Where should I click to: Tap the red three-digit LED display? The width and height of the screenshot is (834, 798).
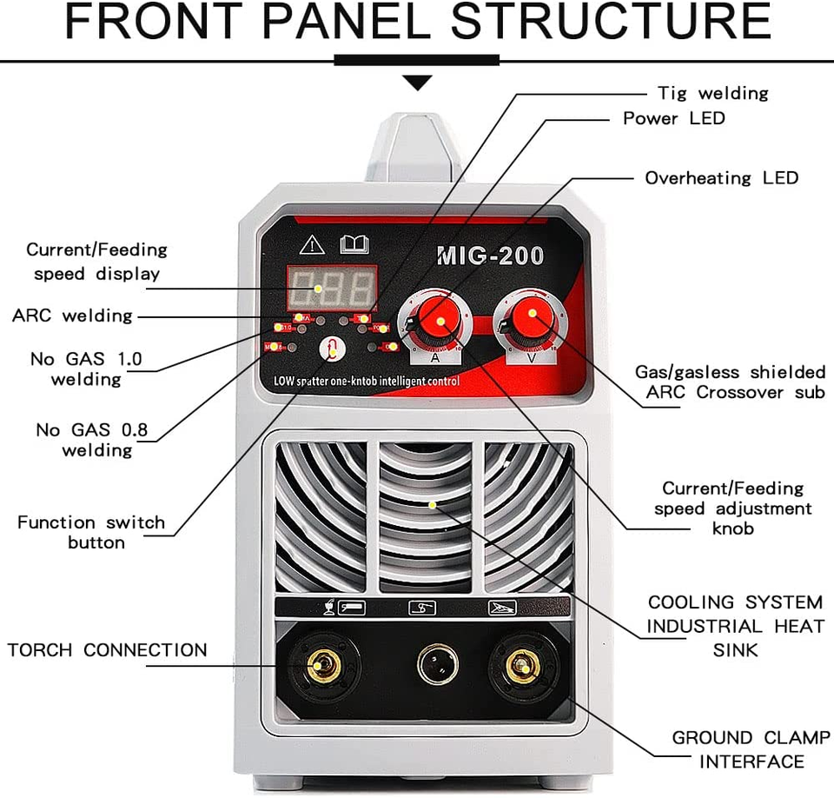pos(332,288)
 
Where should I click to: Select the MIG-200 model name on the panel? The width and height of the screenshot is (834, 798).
pos(490,256)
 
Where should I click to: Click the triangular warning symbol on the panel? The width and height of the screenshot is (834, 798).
pos(311,244)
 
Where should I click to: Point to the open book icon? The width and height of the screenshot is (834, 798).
pos(354,244)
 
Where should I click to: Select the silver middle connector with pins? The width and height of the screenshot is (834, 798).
pos(437,666)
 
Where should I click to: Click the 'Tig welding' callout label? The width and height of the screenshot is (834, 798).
pos(712,93)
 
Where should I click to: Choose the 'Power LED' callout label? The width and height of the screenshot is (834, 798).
pos(673,118)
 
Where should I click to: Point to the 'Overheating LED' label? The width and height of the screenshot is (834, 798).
pos(721,178)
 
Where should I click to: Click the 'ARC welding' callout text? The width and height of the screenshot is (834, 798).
pos(72,316)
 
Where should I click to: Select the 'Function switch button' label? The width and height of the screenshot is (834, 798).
pos(91,532)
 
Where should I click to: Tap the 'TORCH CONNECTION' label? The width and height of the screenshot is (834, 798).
pos(108,650)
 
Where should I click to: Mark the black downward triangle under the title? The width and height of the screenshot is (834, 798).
pos(418,83)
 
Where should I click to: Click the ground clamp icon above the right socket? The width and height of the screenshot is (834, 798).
pos(502,608)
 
